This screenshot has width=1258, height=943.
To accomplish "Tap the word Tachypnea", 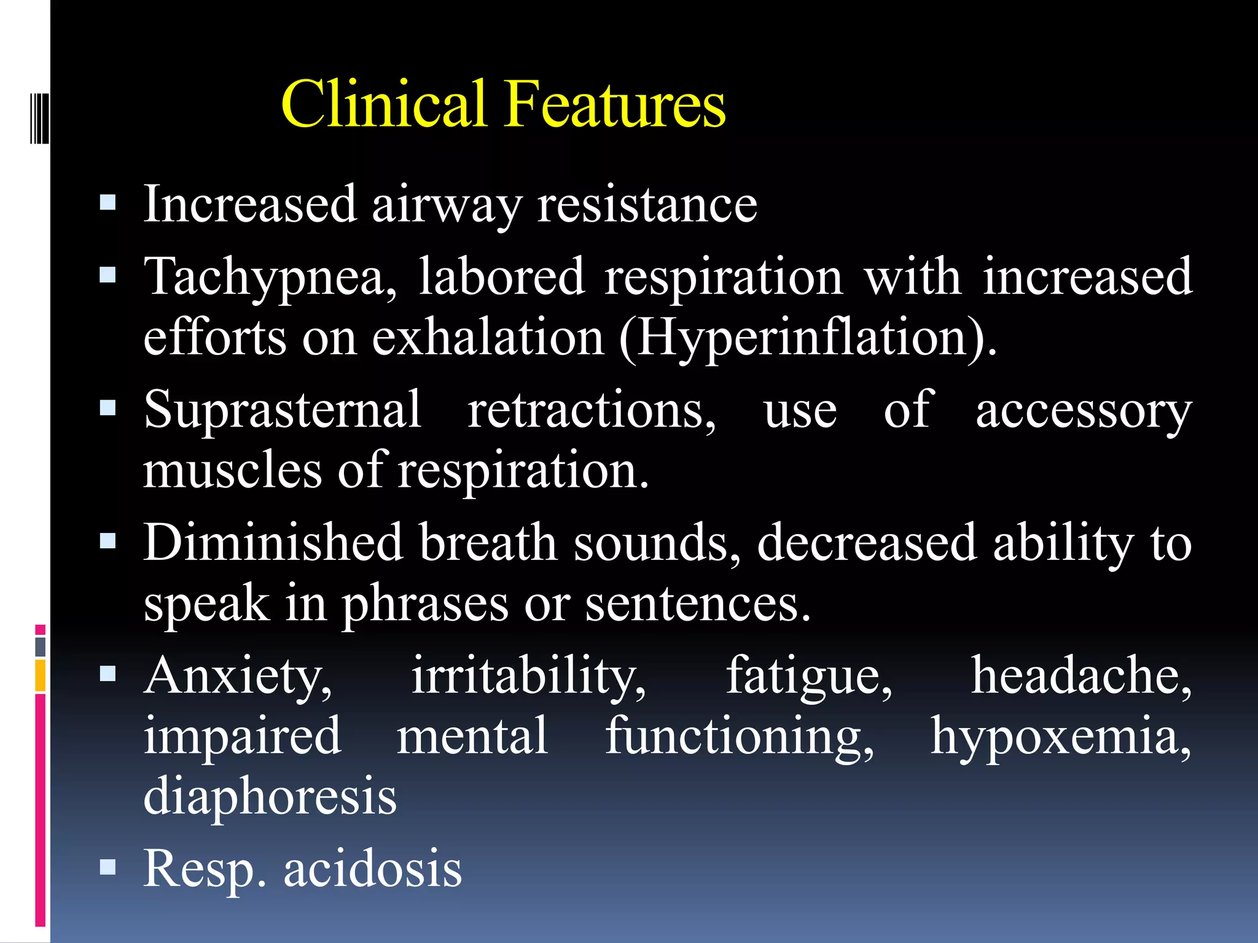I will pyautogui.click(x=270, y=277).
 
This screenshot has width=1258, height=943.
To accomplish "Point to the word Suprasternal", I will pyautogui.click(x=283, y=410).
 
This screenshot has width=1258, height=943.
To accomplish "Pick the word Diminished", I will pyautogui.click(x=273, y=543).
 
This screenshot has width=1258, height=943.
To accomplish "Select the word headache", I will pyautogui.click(x=1081, y=675).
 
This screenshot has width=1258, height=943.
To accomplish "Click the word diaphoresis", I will pyautogui.click(x=270, y=796).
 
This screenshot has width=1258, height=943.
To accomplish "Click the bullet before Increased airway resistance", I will pyautogui.click(x=107, y=203).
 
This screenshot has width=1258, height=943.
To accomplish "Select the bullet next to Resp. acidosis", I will pyautogui.click(x=107, y=867).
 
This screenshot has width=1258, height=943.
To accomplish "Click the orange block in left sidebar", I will pyautogui.click(x=41, y=676).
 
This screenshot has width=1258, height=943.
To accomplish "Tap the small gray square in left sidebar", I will pyautogui.click(x=41, y=646).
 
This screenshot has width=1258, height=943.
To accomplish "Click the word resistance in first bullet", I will pyautogui.click(x=647, y=204).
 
